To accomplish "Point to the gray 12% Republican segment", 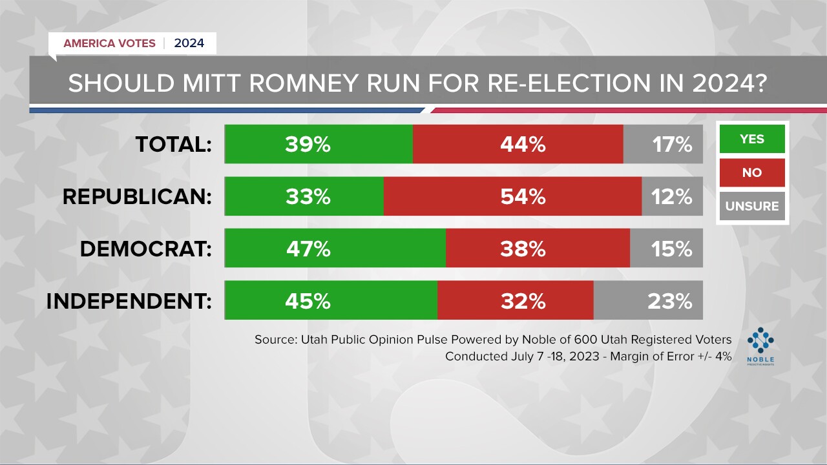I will point(672,196).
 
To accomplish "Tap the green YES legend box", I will point(752,139).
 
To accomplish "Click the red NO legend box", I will point(752,172).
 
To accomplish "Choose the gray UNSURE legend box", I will point(752,207).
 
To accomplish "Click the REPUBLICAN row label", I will point(137,197).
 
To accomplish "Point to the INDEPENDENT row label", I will point(129,301).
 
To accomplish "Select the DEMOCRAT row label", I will point(146,249).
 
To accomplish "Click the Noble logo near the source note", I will point(760,346).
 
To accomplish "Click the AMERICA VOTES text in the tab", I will point(109,43).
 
